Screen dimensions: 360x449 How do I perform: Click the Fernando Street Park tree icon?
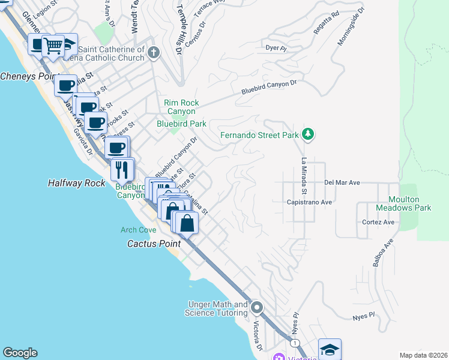[x=308, y=134]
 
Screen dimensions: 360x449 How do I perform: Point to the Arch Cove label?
[x=138, y=229]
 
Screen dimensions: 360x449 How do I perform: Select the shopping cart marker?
[x=53, y=45]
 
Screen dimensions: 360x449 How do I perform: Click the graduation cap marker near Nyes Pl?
[x=330, y=349]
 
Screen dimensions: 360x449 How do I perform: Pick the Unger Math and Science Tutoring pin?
[x=257, y=308]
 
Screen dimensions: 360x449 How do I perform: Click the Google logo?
[x=20, y=353]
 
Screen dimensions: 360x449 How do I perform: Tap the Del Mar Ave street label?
[x=342, y=182]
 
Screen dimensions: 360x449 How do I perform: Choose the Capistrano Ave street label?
[x=310, y=202]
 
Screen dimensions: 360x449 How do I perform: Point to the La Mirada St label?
[x=304, y=176]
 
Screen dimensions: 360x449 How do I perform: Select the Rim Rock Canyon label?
[x=181, y=107]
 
